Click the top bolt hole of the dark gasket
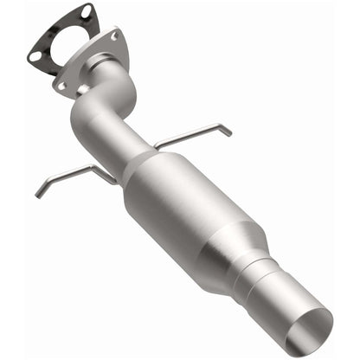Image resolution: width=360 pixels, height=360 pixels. point(86,11)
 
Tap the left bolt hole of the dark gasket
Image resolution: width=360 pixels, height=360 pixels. point(35,56)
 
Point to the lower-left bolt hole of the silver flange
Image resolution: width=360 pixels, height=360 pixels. point(62,85)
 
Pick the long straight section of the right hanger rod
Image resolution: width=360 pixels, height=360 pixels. point(186,137)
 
